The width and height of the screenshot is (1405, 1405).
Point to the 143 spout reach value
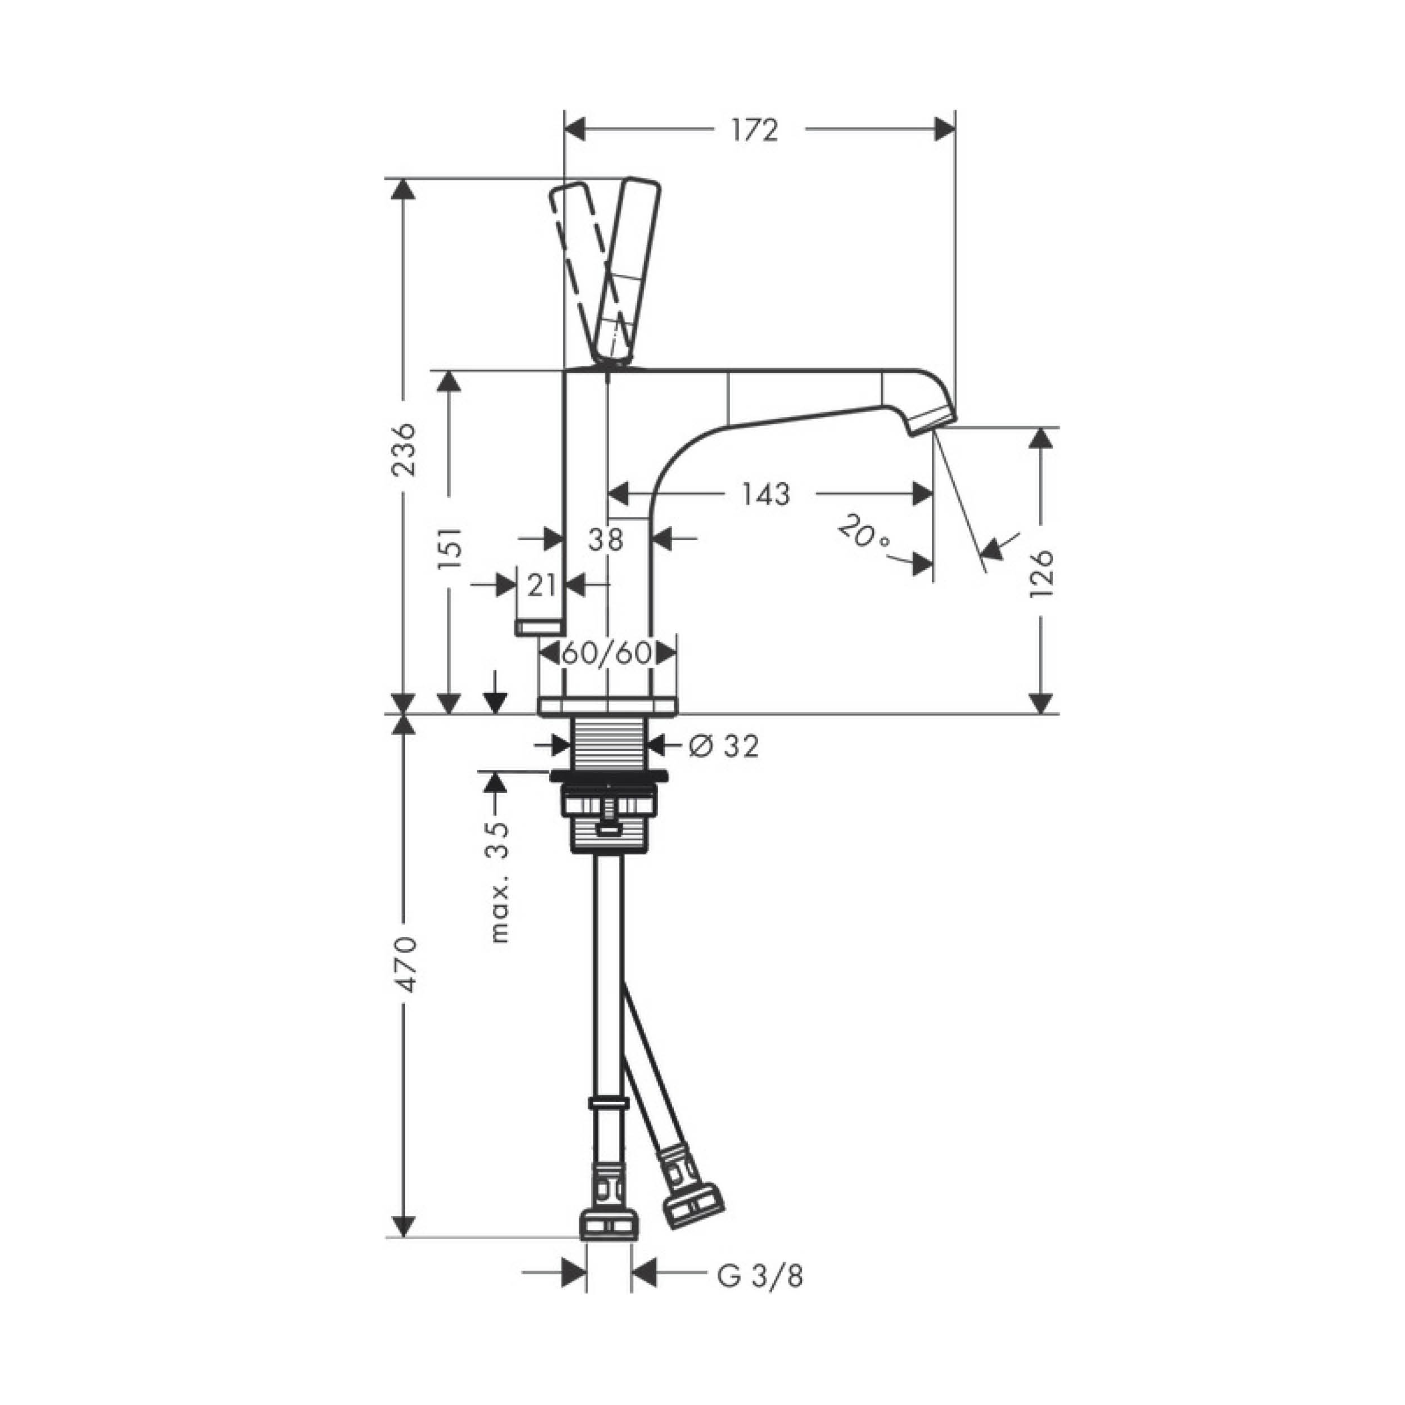(x=766, y=495)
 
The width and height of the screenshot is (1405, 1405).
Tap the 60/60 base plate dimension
(x=607, y=653)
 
